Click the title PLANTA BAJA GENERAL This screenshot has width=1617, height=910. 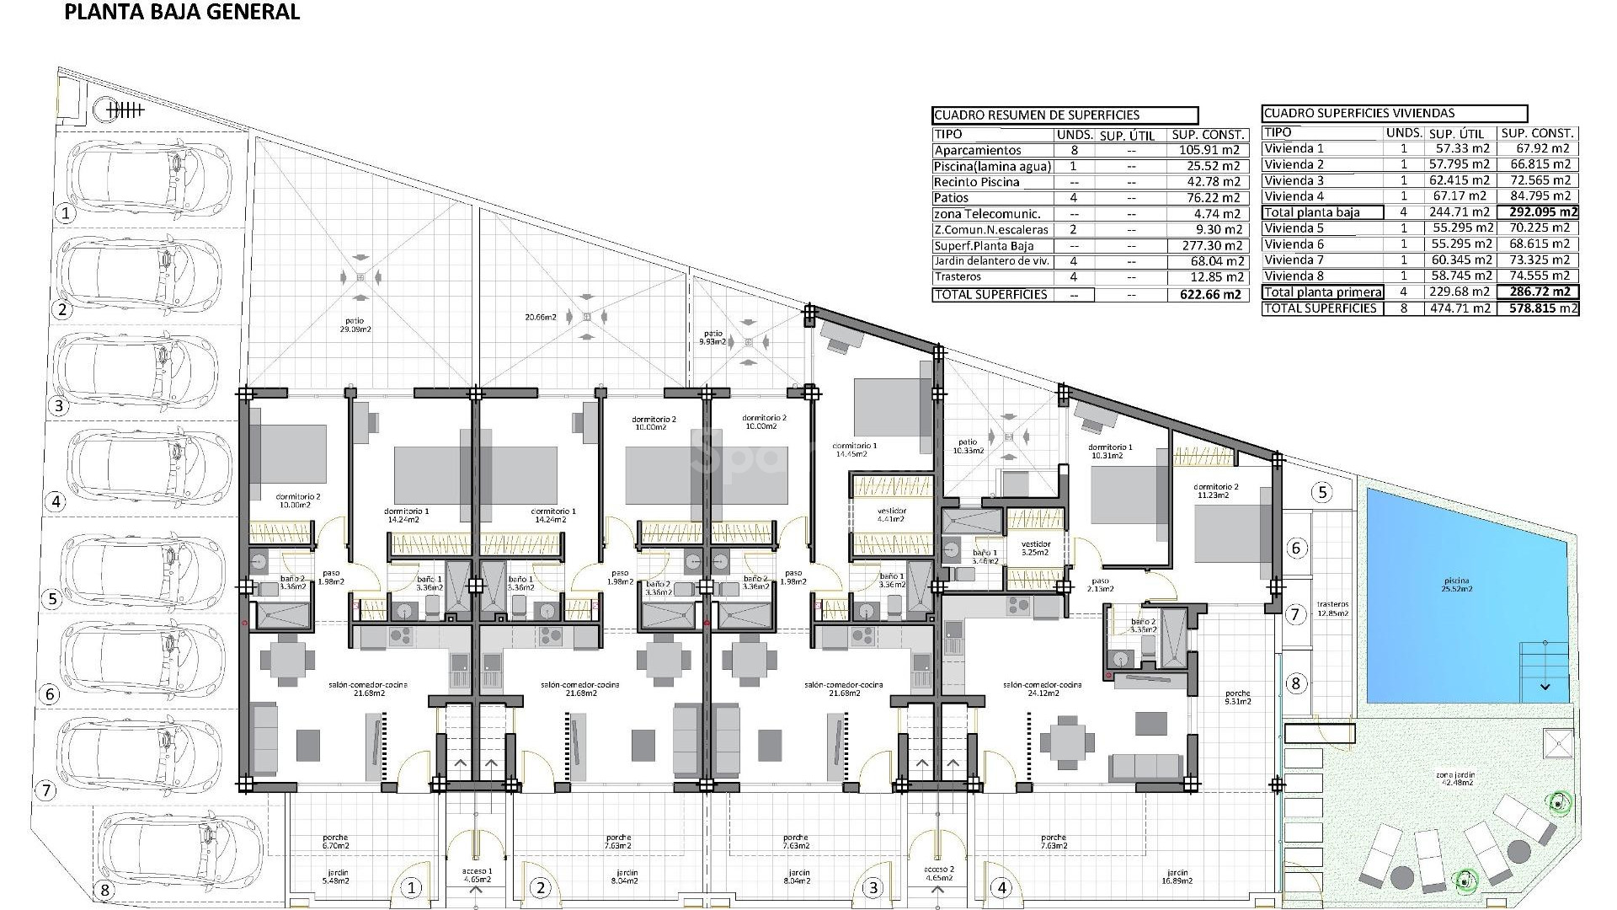pos(182,13)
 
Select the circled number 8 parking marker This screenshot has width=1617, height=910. pos(104,890)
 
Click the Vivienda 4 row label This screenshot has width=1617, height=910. pos(1294,196)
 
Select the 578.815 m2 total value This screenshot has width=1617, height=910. pos(1538,308)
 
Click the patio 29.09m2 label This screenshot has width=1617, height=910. pos(359,324)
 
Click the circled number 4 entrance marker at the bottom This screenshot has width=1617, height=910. pos(1001,887)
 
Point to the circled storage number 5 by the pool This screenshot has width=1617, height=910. pos(1322,492)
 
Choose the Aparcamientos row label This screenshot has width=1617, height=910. pos(977,150)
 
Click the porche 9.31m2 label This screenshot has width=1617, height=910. pos(1238,697)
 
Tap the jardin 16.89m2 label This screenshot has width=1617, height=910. pos(1177,876)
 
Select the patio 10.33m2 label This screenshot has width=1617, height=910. pos(968,446)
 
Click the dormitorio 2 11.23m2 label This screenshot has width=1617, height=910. pos(1216,491)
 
